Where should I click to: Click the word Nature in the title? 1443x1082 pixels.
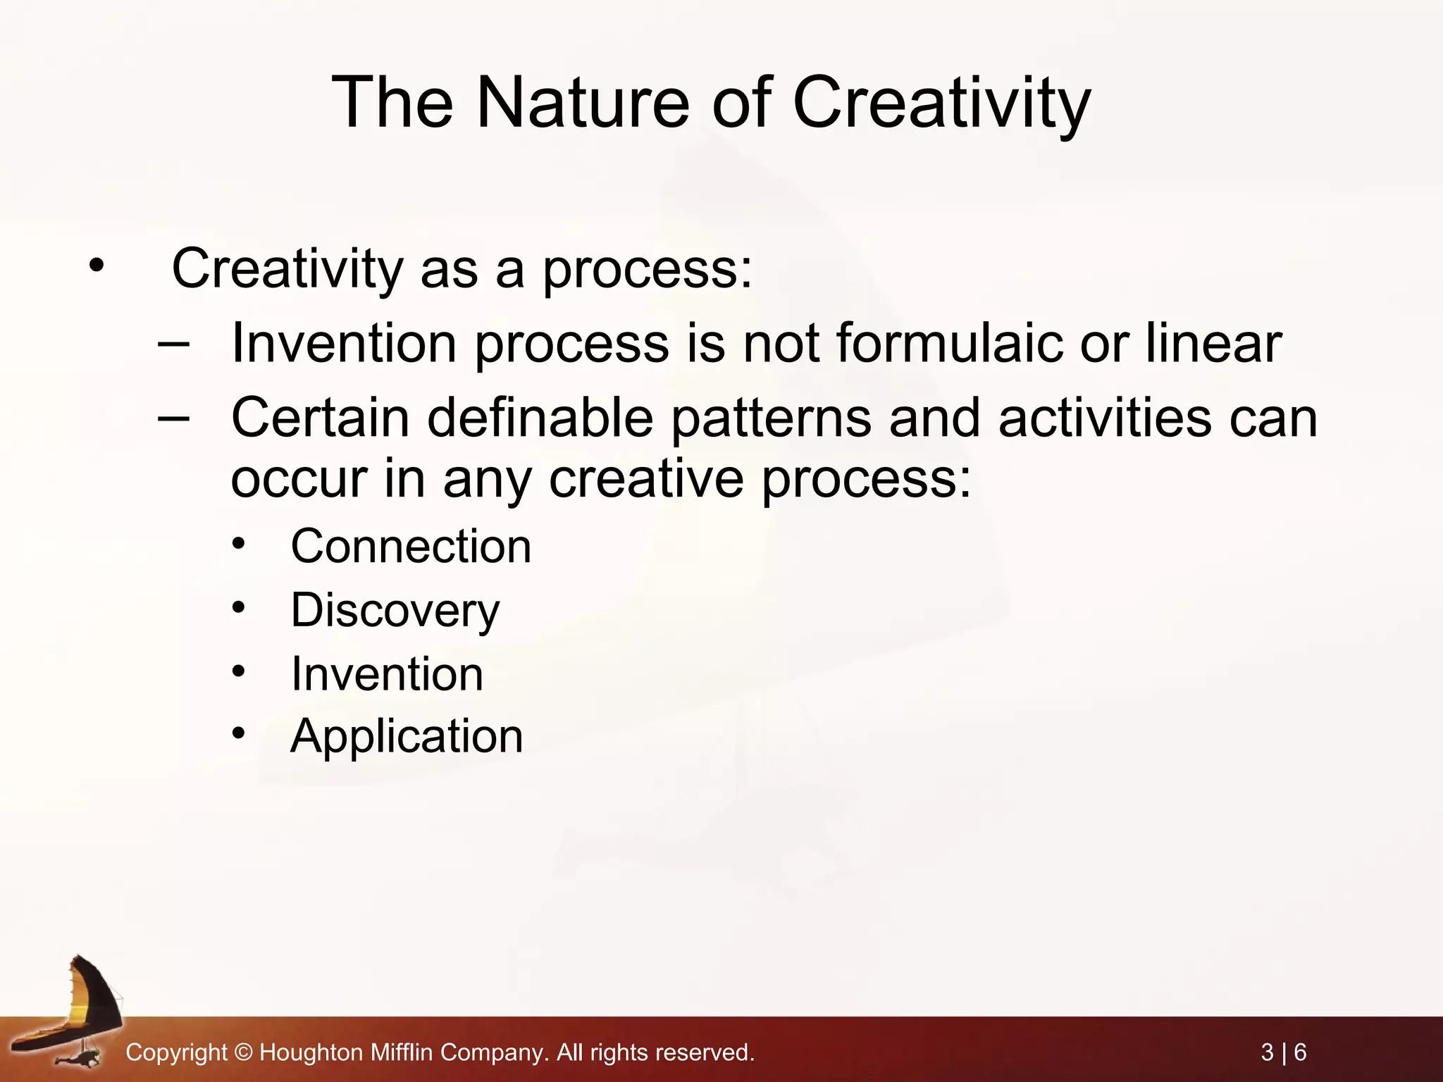click(582, 104)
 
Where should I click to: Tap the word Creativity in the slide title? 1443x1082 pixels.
click(941, 104)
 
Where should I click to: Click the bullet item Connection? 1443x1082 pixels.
click(411, 547)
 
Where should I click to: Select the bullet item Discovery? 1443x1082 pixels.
click(395, 610)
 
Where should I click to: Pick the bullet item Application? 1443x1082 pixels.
click(407, 737)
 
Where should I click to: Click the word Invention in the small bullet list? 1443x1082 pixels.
click(387, 674)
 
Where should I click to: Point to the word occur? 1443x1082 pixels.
click(299, 480)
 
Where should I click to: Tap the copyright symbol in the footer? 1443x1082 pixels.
click(243, 1053)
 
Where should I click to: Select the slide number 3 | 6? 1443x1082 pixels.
click(1283, 1052)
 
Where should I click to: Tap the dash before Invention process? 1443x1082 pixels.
click(173, 344)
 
